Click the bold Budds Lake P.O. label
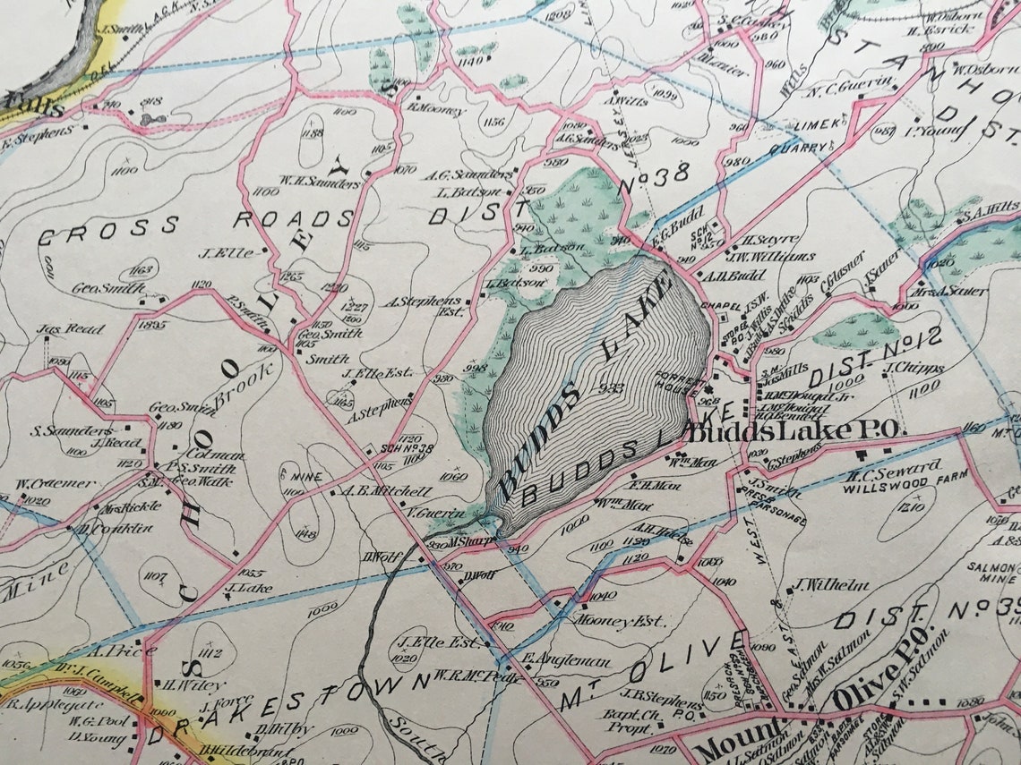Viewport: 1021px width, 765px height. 792,430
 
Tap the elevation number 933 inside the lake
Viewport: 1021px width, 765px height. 613,387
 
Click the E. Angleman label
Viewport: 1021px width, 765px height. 566,663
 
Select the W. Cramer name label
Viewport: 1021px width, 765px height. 55,484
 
